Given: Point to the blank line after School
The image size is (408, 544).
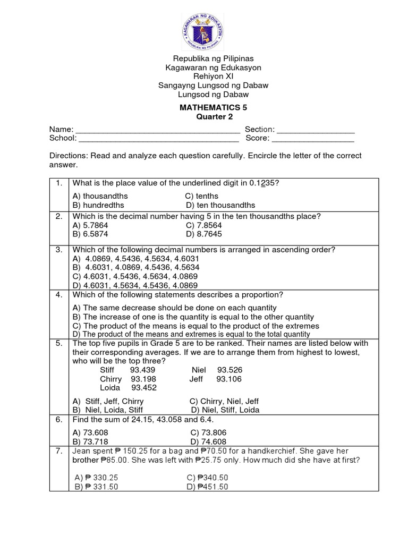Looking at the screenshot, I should click(159, 139).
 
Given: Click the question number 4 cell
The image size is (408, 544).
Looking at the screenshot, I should click(59, 295).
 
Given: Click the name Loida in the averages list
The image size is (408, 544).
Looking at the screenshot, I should click(110, 388).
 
